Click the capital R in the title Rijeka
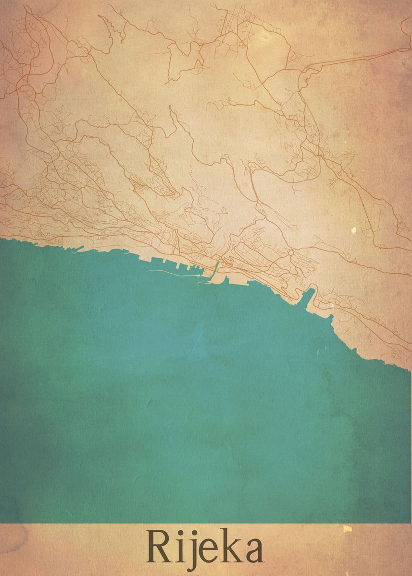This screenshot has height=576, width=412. (159, 547)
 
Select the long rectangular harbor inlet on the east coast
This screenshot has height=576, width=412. (308, 295)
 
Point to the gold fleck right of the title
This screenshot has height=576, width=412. (348, 528)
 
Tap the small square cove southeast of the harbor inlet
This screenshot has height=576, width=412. (331, 317)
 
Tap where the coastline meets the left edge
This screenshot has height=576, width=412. (1, 237)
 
